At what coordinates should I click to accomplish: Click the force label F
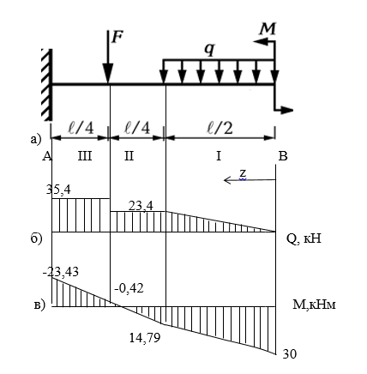point(117,37)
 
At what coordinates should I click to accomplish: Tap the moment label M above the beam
point(268,29)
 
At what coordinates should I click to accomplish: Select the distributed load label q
point(209,50)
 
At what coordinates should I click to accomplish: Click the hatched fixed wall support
point(46,85)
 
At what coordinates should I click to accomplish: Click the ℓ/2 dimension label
point(220,129)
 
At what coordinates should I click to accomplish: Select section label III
point(85,156)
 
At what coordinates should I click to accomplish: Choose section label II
point(129,156)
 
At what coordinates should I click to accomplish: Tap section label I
point(219,156)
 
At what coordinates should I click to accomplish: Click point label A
point(47,156)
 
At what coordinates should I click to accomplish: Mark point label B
point(283,156)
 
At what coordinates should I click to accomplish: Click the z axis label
point(243,173)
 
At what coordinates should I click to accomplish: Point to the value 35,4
point(58,190)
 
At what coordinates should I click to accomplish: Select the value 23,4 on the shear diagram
point(141,206)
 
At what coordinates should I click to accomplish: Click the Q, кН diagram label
point(304,238)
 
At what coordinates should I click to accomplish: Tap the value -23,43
point(61,272)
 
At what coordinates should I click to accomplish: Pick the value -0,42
point(129,288)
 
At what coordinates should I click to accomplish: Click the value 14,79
point(145,338)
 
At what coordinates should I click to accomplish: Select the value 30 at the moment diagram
point(290,354)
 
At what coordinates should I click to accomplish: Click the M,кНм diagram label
point(314,305)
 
